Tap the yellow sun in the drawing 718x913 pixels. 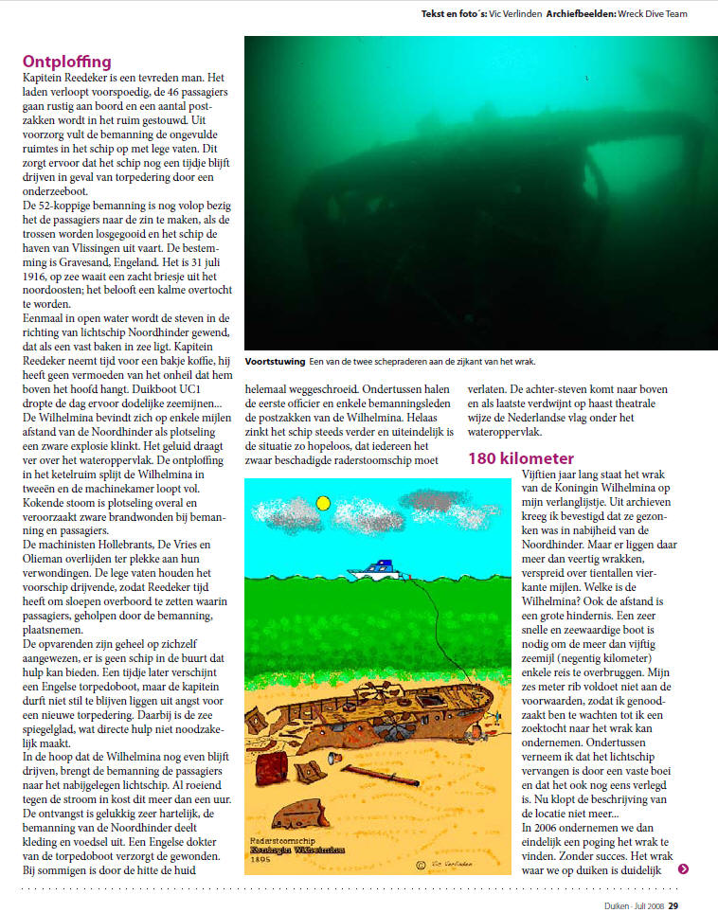pos(323,503)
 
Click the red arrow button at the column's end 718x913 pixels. pos(684,868)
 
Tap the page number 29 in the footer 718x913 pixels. pos(673,905)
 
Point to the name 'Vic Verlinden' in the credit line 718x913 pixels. pos(512,14)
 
